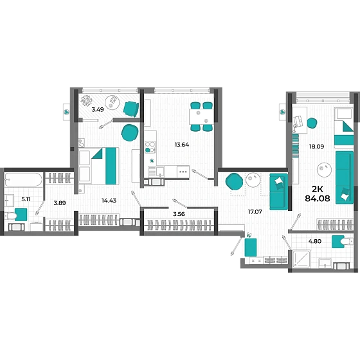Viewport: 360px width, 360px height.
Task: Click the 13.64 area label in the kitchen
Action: [x=181, y=145]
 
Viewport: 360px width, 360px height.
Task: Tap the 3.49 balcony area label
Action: [x=98, y=109]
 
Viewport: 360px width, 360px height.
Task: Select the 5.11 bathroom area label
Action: [x=26, y=199]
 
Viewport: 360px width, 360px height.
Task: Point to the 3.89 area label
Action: [x=60, y=203]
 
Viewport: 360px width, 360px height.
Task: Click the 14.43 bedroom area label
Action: [x=109, y=201]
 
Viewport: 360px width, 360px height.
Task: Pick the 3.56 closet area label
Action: [x=179, y=214]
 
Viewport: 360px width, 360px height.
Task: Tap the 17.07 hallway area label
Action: [x=255, y=212]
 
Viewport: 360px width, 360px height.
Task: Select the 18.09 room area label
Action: [x=316, y=147]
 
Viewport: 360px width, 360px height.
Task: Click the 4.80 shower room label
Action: [x=315, y=241]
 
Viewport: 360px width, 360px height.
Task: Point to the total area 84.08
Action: [x=318, y=198]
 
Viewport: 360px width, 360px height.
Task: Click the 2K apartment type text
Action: [x=318, y=189]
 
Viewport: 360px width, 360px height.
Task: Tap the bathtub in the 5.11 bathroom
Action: [x=23, y=179]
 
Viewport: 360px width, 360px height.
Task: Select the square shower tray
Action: [x=302, y=258]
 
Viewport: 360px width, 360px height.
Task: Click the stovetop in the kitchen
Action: [x=150, y=147]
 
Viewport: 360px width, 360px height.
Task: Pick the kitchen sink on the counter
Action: [x=157, y=171]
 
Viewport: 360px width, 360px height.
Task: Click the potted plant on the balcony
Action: [x=86, y=100]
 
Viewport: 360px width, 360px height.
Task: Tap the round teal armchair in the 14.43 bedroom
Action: [x=130, y=132]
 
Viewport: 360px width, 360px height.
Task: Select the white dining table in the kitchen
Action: [x=201, y=116]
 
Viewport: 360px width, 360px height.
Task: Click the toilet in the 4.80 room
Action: [x=346, y=241]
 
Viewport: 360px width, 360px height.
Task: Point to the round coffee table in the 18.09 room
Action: [x=324, y=170]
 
